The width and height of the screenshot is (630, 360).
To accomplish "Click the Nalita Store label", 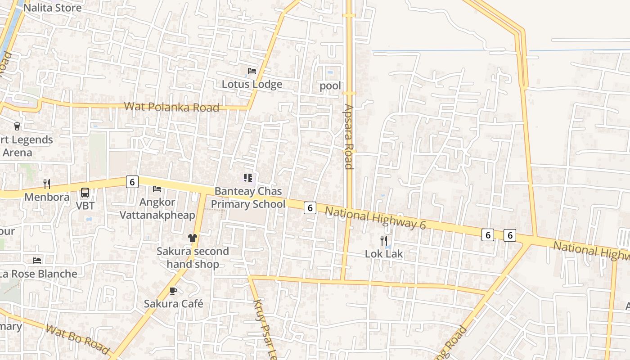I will point(52,8).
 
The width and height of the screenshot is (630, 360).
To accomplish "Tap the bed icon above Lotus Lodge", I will point(252,71).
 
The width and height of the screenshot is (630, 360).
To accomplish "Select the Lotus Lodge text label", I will point(252,84).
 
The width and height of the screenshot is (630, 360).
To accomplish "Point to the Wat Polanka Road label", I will point(171,107).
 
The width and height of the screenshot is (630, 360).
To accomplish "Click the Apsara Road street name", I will point(349,136).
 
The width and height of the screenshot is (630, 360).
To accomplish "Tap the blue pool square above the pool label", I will point(330,72).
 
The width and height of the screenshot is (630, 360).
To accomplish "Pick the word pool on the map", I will point(330,86).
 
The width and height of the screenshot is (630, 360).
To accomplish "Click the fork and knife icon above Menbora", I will point(46,184).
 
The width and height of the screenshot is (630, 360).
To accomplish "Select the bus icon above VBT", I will point(85,193).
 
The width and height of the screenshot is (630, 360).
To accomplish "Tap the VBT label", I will point(85,206).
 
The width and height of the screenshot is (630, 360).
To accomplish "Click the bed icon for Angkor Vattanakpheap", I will point(157,189).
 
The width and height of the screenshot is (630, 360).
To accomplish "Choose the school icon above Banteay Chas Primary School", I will point(248,178).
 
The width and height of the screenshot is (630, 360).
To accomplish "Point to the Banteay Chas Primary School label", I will point(248,198).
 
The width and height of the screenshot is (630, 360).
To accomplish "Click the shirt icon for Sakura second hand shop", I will point(193,238).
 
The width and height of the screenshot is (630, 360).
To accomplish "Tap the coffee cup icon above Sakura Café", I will point(173,291).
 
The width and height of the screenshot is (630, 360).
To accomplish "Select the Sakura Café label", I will point(173,304).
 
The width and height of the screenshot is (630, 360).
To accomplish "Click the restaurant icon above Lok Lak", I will point(384,240).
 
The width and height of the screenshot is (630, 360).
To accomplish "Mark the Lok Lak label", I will point(384,254).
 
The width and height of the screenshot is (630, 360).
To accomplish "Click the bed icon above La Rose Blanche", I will point(37,261).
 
